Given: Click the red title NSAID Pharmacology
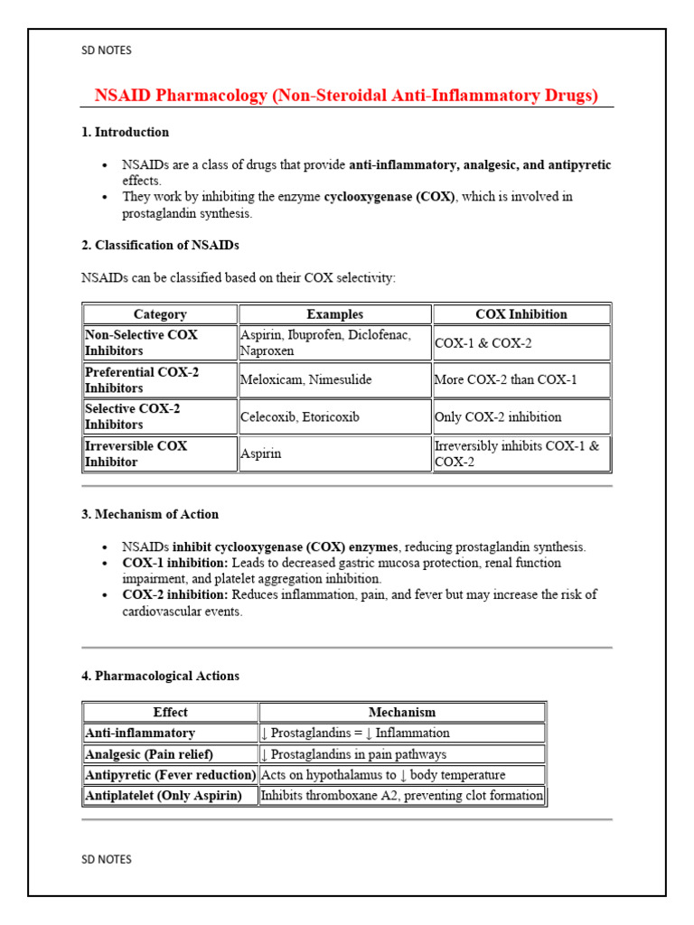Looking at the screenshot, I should [x=346, y=96].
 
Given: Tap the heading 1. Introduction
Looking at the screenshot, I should [x=125, y=132].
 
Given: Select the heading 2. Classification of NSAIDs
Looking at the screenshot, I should [x=160, y=245].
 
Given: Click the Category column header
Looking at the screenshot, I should [x=160, y=314].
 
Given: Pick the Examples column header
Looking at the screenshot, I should [x=334, y=314].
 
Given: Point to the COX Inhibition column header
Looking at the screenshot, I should [x=521, y=314].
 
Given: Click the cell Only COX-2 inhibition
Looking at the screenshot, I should [x=498, y=417].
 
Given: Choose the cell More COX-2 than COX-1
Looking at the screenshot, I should [x=505, y=379].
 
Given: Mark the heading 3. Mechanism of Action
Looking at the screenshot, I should [x=150, y=514].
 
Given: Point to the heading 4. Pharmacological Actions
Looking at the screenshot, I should [x=160, y=676].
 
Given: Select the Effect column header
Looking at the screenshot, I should [x=170, y=712].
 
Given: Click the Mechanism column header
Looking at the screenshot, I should [x=402, y=712].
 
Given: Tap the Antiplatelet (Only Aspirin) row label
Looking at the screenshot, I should [x=163, y=796].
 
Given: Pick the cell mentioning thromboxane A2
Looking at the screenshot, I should [x=402, y=796].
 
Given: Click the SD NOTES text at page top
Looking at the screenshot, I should [x=107, y=51].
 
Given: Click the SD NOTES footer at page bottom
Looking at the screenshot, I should [x=107, y=859].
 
